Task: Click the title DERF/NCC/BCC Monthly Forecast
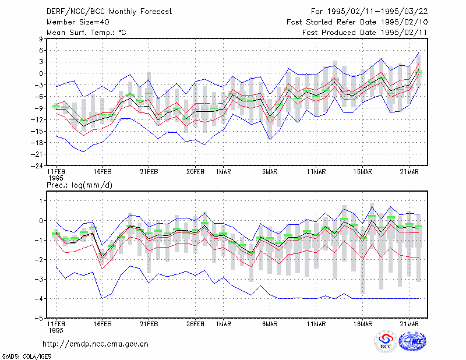pos(109,12)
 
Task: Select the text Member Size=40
pos(78,22)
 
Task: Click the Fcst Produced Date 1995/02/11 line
pos(365,33)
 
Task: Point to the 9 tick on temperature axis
pos(41,38)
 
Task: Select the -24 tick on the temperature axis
pos(37,165)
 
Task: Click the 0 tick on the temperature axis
pos(41,73)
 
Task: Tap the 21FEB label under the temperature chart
pos(149,172)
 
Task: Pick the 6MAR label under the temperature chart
pos(270,172)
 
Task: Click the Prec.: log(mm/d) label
pos(79,185)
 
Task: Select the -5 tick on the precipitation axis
pos(39,318)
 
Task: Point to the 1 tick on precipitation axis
pos(41,201)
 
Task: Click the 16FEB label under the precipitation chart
pos(103,324)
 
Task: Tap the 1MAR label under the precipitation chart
pos(224,324)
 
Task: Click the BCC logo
pos(386,341)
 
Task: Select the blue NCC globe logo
pos(412,341)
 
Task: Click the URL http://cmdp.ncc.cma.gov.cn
pos(96,344)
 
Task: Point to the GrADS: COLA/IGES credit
pos(26,357)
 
